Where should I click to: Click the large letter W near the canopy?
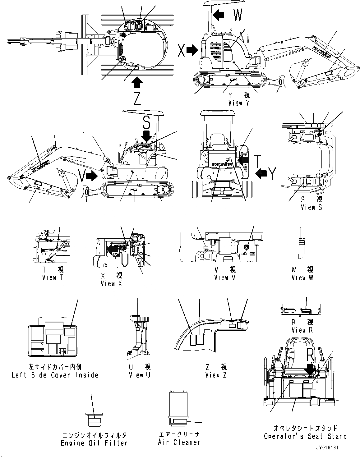tap(238, 15)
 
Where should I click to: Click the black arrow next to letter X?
tap(192, 50)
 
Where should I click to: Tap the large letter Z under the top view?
tap(137, 99)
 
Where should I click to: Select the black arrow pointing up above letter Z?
tap(137, 82)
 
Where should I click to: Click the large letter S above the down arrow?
tap(146, 122)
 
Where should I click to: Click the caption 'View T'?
tap(53, 278)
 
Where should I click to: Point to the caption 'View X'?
tap(112, 283)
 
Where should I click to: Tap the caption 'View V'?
tap(225, 278)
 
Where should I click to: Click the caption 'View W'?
tap(302, 278)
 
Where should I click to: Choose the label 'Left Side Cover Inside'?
tap(55, 375)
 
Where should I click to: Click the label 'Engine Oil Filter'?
tap(94, 443)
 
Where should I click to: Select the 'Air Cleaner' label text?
tap(179, 442)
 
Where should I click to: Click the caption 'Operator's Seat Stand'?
tap(305, 436)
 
